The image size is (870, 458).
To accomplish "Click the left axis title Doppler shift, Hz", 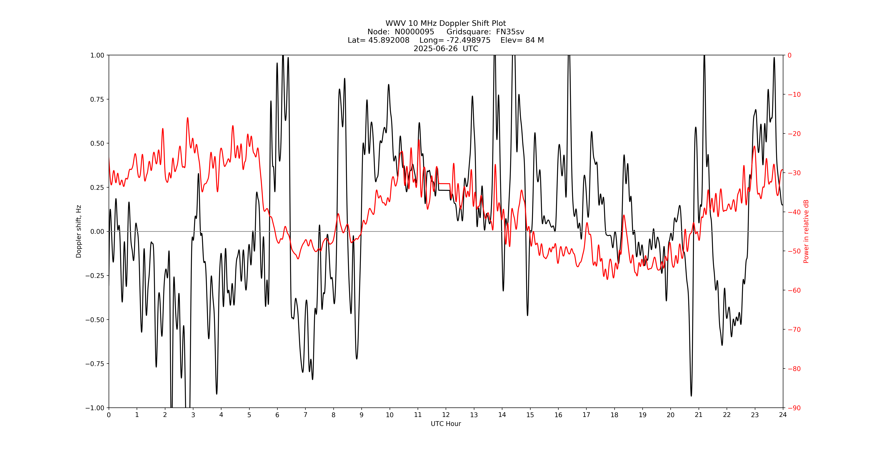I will (x=79, y=231).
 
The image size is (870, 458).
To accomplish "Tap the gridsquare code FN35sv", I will (x=510, y=32).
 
